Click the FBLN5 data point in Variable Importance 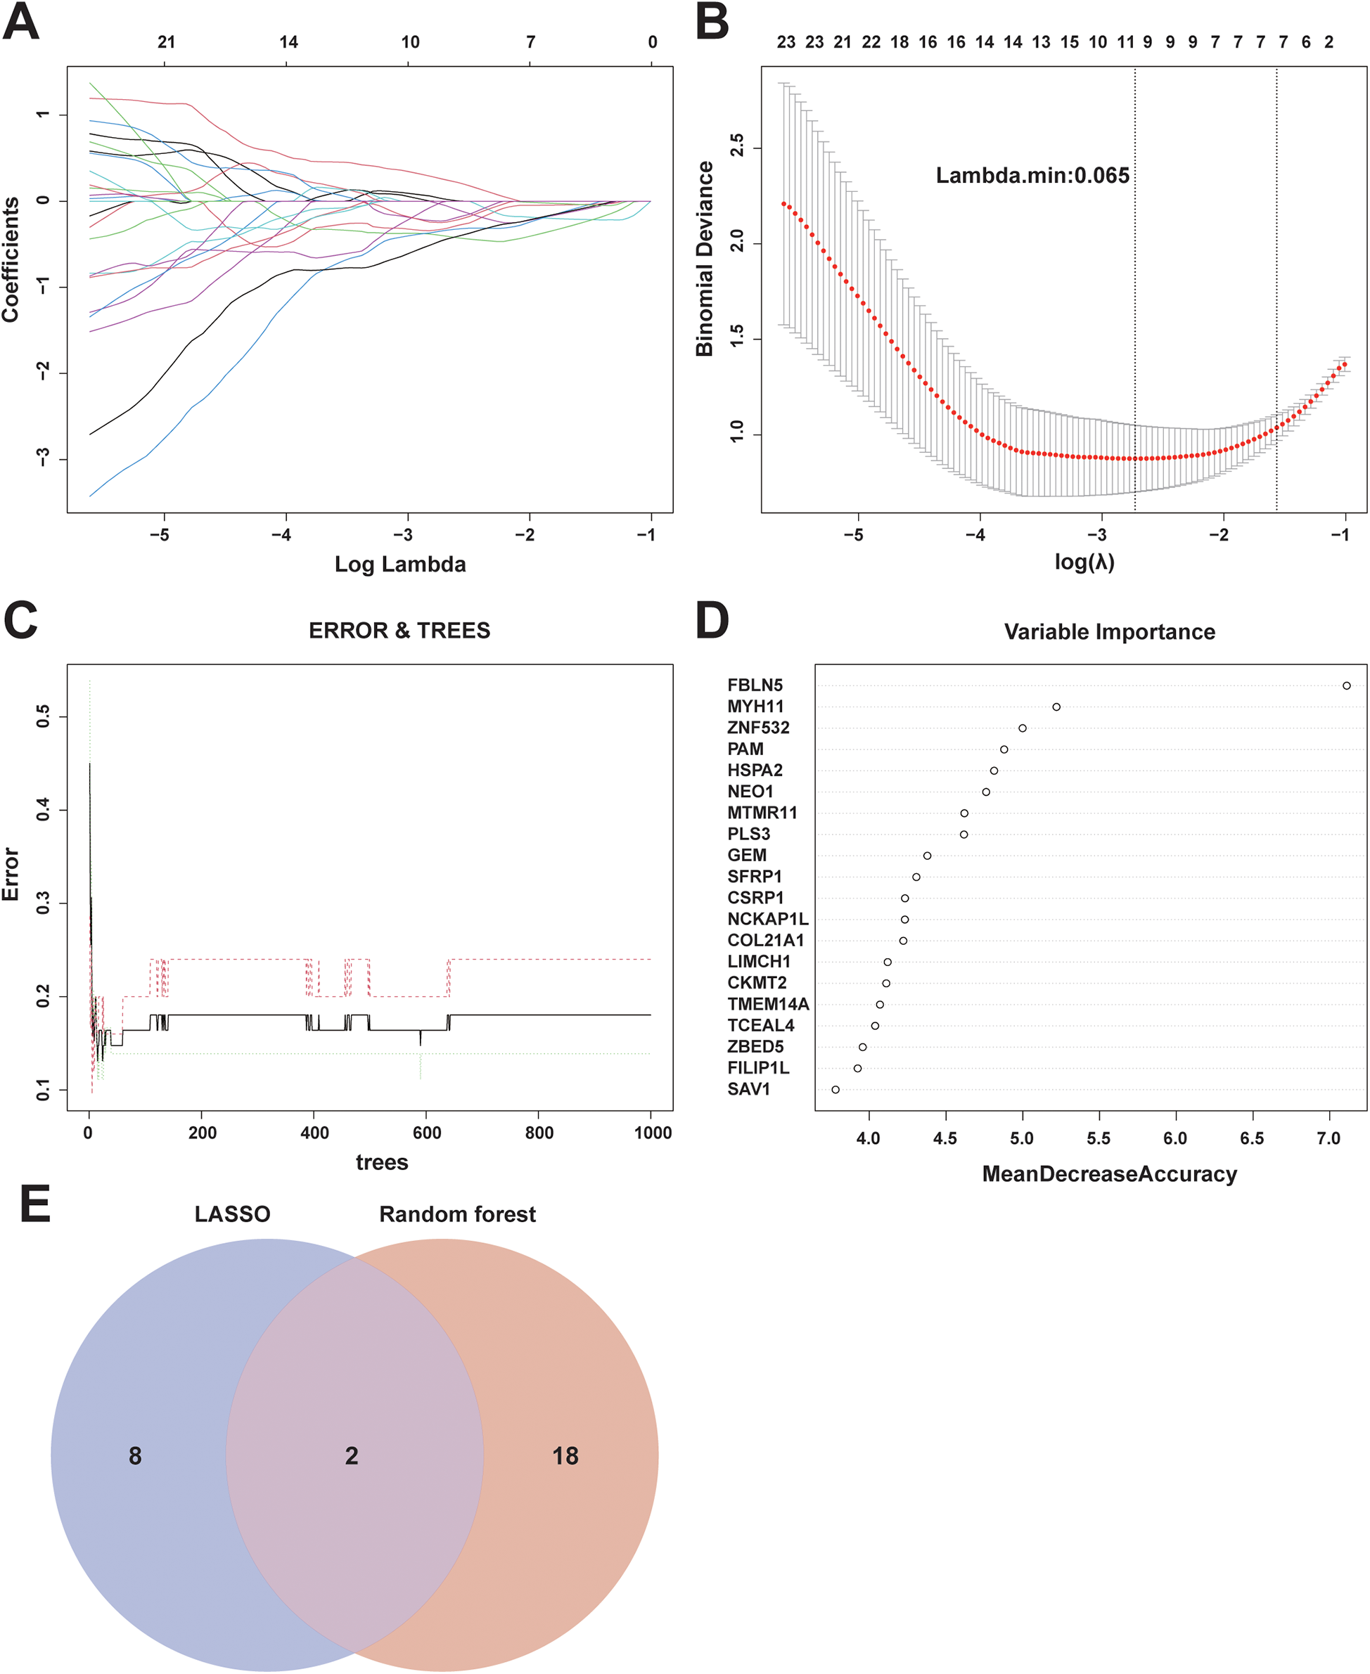1346,685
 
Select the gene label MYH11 755,707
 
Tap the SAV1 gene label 748,1090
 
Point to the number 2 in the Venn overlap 352,1455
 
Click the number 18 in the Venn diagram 565,1455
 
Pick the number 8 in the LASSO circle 135,1455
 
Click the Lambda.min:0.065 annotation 1032,175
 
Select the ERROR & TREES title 399,631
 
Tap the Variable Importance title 1109,632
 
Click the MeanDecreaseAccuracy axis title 1109,1174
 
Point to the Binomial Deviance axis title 705,259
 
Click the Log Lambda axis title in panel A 400,564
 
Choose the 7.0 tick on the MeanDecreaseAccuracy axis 1329,1138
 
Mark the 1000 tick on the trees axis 653,1133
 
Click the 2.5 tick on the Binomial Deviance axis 736,146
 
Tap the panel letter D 712,620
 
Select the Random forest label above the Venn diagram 457,1214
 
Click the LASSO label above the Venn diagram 232,1214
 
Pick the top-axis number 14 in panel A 288,41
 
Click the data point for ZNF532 1022,728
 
